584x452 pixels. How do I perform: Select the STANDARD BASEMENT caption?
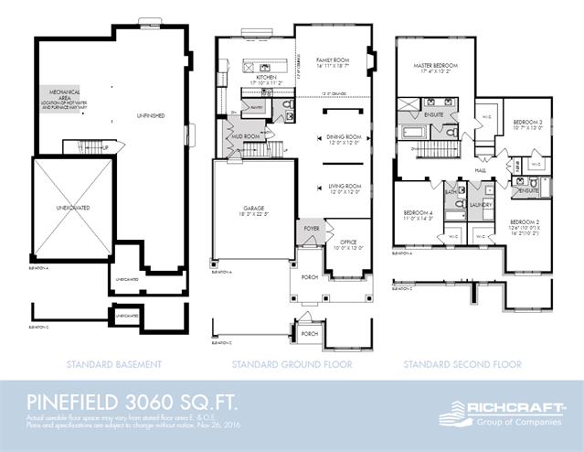[x=114, y=364]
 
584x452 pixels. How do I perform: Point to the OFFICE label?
[x=351, y=242]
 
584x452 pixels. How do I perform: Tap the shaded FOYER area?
[x=311, y=230]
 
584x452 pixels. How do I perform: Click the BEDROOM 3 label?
[x=527, y=124]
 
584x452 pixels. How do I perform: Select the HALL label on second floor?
[x=480, y=168]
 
